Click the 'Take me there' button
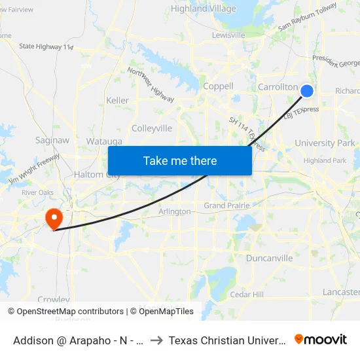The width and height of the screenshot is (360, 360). (x=180, y=160)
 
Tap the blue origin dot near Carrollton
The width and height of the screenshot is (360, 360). (x=306, y=91)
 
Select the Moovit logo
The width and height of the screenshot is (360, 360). (x=321, y=340)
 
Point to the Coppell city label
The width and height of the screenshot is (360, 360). (x=218, y=86)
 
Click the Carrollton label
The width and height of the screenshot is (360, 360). (x=278, y=87)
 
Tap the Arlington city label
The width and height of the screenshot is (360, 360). (x=175, y=211)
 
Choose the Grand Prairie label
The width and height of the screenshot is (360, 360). (x=226, y=206)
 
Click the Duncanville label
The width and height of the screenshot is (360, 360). (x=269, y=259)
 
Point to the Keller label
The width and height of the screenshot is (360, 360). (x=117, y=101)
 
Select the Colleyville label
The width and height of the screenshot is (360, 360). (x=152, y=128)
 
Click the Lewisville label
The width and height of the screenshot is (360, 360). (x=228, y=35)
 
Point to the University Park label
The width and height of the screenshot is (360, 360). (x=325, y=143)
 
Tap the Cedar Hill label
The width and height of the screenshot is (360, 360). (x=247, y=295)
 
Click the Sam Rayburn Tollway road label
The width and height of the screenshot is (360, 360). (x=307, y=17)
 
